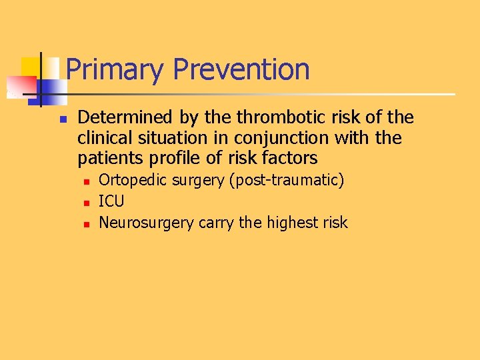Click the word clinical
pos(102,138)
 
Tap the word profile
pos(160,159)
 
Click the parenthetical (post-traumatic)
pos(287,181)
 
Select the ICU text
pos(111,201)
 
